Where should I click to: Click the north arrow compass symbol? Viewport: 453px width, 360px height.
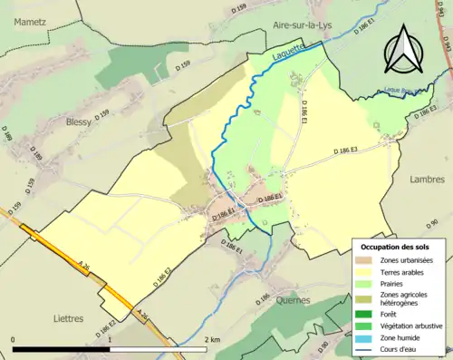tap(404, 47)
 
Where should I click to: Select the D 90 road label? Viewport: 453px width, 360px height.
tap(438, 223)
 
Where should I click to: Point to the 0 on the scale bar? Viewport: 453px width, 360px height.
tap(14, 339)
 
